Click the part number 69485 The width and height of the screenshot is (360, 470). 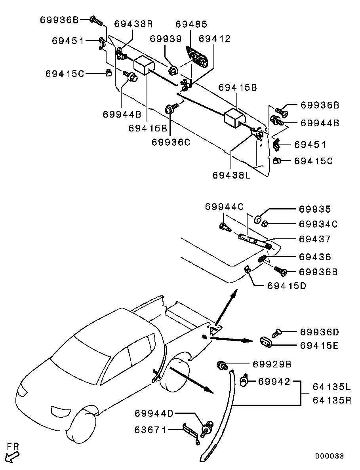[191, 24]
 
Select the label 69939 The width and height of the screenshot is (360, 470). [166, 39]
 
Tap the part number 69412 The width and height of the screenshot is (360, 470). [215, 39]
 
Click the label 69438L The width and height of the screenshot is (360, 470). [231, 175]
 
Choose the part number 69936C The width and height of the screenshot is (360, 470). [171, 142]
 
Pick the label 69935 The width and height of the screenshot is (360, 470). [315, 209]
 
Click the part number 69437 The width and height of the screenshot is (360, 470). [315, 239]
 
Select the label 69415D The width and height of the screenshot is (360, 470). [287, 285]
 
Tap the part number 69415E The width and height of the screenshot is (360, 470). [319, 346]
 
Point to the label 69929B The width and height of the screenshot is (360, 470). [272, 364]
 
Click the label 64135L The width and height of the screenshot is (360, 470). [331, 387]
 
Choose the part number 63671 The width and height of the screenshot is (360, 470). [150, 430]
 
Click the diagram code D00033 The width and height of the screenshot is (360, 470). [329, 456]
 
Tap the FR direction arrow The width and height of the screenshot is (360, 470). [12, 457]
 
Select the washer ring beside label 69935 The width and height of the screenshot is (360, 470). [257, 220]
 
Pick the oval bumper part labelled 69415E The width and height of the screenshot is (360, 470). [266, 342]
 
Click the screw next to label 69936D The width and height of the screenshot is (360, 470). [277, 333]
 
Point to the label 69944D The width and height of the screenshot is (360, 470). [154, 413]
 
